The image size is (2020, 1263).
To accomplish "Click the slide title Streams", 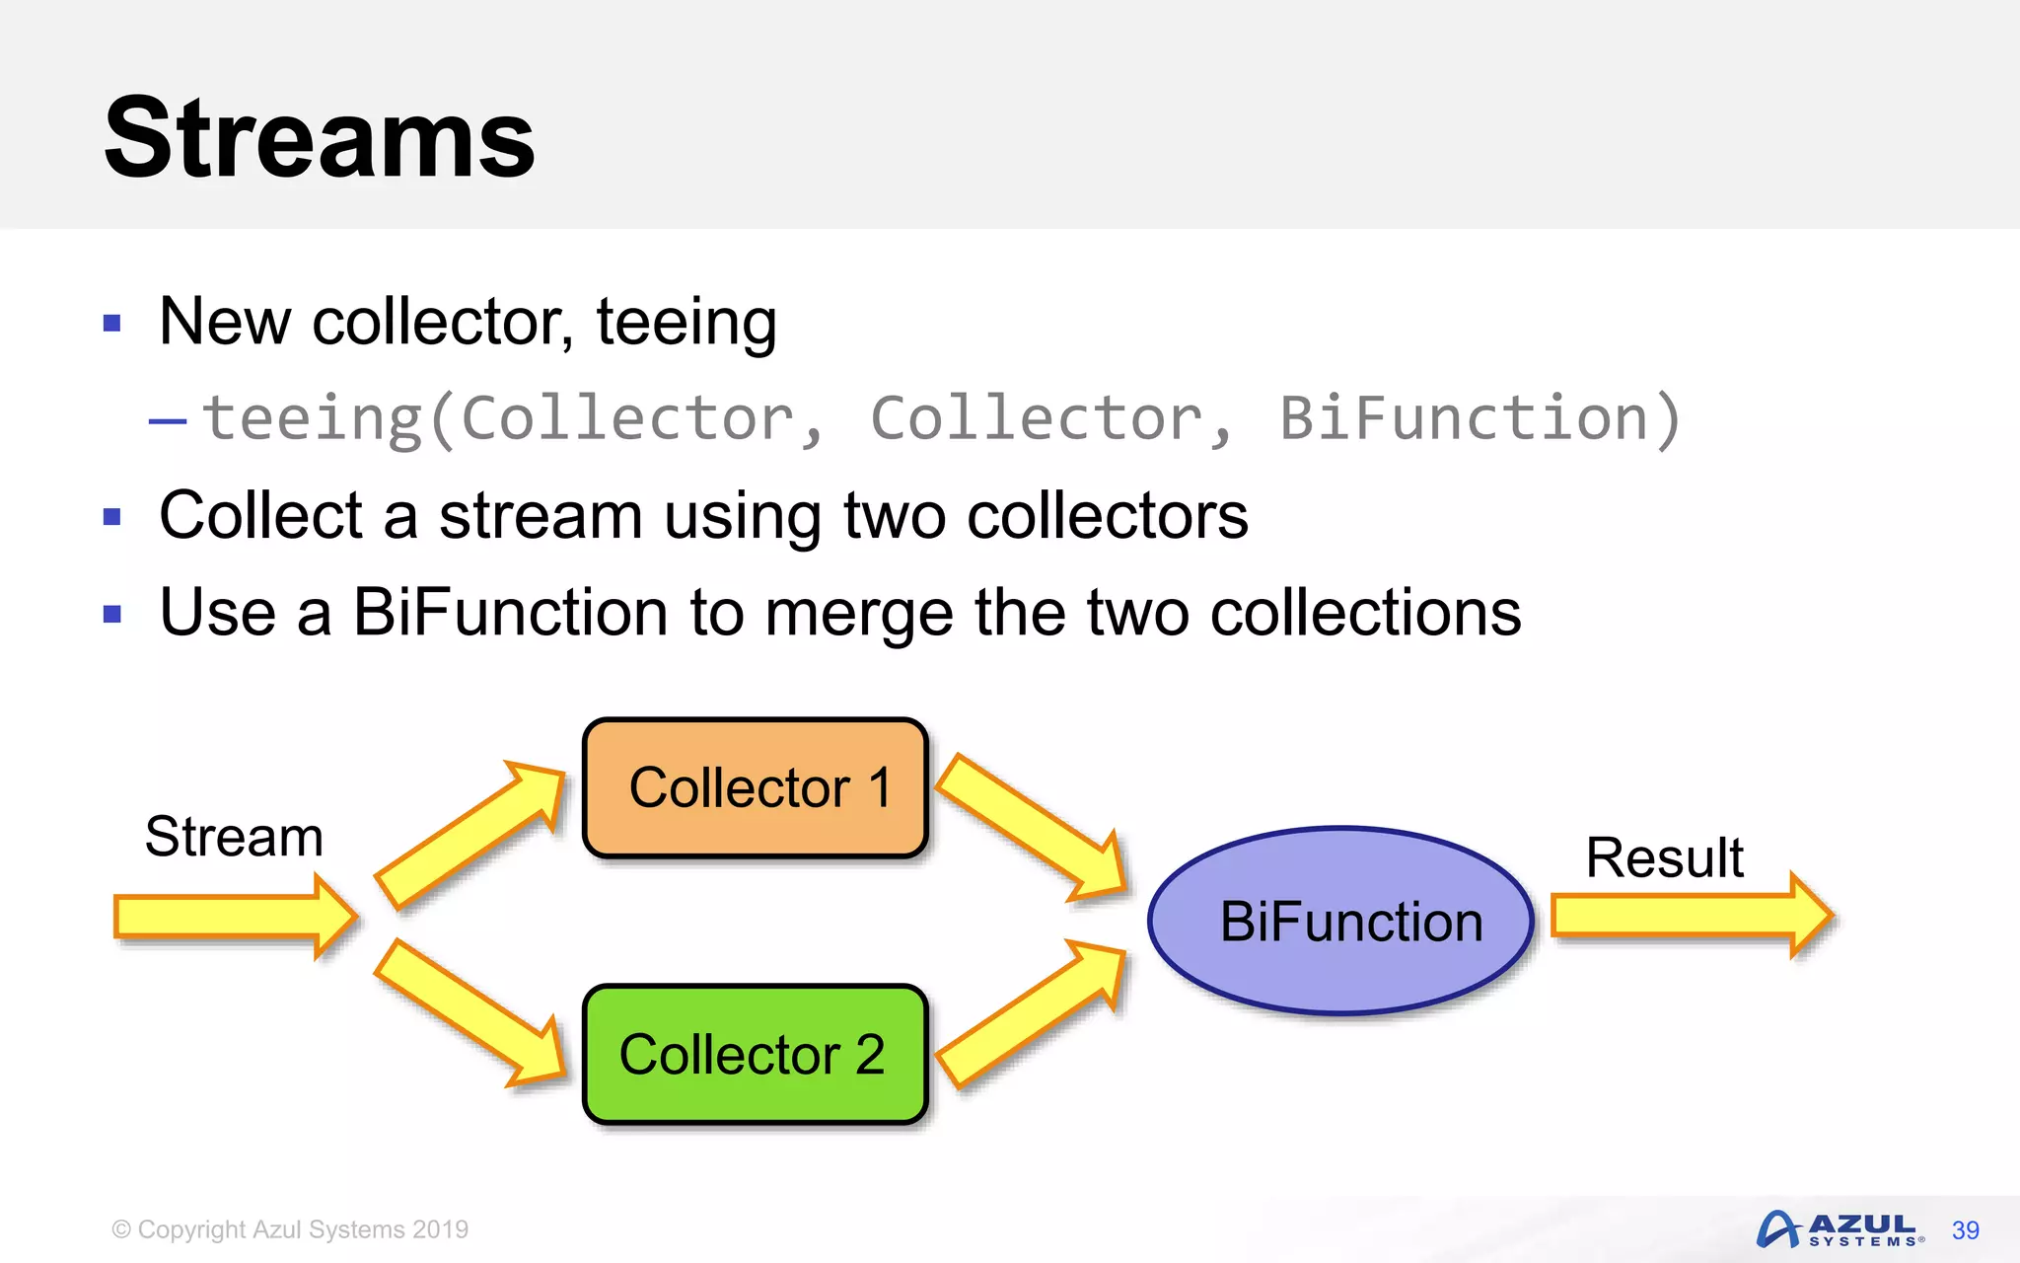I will click(x=319, y=138).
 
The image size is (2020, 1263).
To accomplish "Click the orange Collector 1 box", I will click(x=756, y=787).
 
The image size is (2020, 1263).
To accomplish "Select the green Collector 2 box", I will click(x=756, y=1054).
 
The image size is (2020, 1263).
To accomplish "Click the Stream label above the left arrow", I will click(x=234, y=837).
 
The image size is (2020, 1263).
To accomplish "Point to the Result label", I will click(x=1664, y=856).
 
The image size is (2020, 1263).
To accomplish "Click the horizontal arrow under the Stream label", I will click(x=235, y=916).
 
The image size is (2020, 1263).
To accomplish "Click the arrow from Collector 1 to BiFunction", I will click(x=1032, y=827).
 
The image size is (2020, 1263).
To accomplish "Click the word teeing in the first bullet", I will click(x=686, y=322).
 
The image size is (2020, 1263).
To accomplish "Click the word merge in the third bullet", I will click(x=859, y=613).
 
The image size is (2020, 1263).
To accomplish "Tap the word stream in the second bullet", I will click(x=541, y=516).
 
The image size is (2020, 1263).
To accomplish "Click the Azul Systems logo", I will click(x=1839, y=1229).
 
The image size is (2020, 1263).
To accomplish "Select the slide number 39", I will click(x=1965, y=1230).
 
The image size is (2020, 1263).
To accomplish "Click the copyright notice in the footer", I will click(x=290, y=1229).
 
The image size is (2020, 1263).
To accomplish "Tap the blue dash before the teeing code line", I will click(x=167, y=421).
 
